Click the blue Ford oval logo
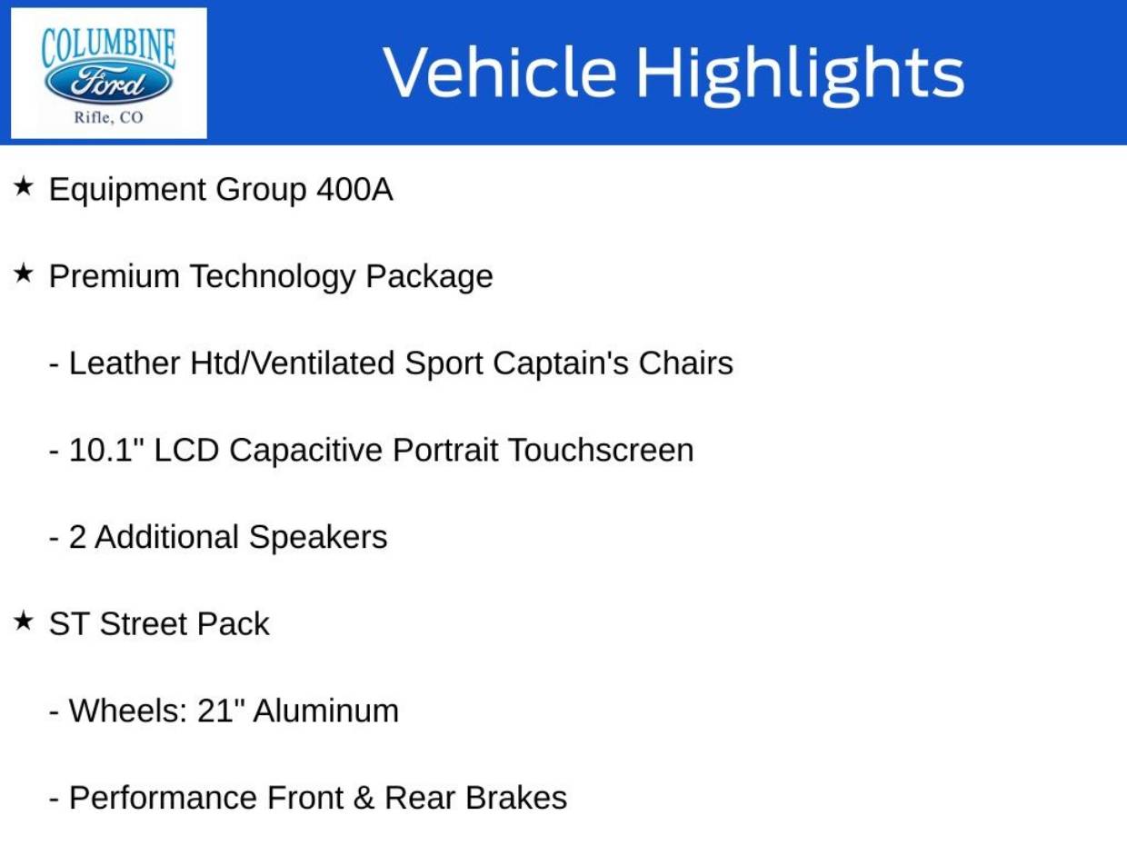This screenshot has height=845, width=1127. click(108, 83)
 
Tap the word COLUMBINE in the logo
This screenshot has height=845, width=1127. click(108, 48)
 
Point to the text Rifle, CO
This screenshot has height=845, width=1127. click(108, 117)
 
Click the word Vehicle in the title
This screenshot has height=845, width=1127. click(500, 71)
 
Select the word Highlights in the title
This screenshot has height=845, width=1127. click(801, 75)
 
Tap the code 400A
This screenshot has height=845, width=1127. click(354, 189)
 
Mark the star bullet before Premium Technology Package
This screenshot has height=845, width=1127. click(23, 273)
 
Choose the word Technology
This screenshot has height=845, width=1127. click(273, 277)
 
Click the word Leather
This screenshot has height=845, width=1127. click(125, 363)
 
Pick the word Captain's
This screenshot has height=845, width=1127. click(561, 363)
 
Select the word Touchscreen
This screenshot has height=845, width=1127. click(602, 450)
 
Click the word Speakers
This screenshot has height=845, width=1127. click(318, 538)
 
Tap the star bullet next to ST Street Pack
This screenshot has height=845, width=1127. click(23, 621)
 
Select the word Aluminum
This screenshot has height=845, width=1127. click(326, 711)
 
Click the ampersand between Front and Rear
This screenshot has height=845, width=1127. click(364, 798)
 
